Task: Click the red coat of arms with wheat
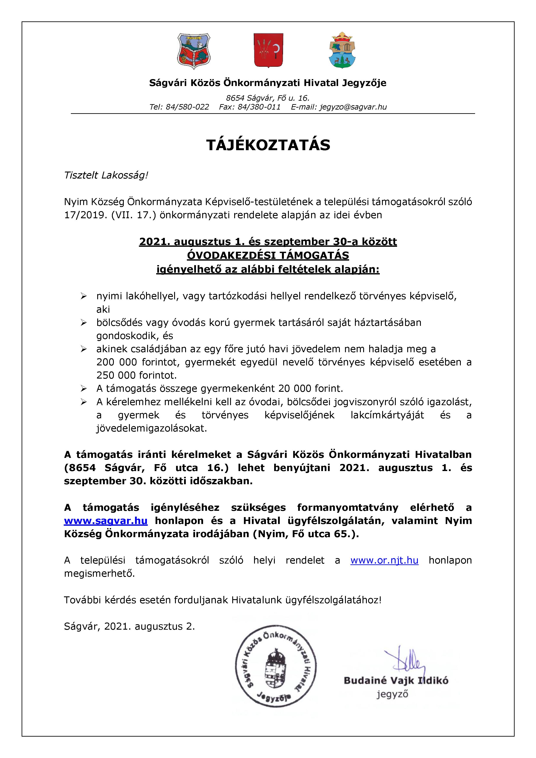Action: coord(268,50)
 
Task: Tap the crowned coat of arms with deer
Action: coord(342,51)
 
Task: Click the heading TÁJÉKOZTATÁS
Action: coord(268,145)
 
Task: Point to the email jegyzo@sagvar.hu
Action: coord(353,107)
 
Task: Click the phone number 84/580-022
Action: coord(188,107)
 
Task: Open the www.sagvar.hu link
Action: coord(106,521)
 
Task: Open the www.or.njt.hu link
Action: coord(384,560)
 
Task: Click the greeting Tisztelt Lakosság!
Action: coord(106,175)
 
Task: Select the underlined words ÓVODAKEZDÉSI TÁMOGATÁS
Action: coord(268,255)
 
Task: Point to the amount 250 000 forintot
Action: coord(136,375)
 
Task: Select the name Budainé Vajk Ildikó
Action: coord(396,680)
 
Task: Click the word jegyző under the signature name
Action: coord(392,694)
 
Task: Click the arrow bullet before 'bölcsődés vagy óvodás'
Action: coord(84,323)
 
